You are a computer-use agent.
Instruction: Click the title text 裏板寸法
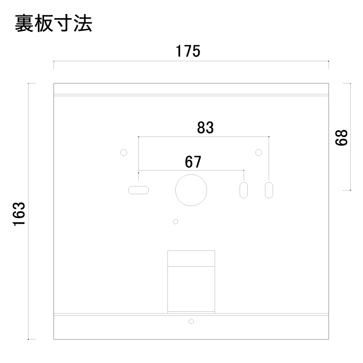point(54,24)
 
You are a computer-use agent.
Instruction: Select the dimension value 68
point(341,137)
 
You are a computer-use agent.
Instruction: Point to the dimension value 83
point(205,128)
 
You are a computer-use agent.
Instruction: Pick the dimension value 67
point(193,162)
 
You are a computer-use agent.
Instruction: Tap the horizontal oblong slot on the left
point(139,190)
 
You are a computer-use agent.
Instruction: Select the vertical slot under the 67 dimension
point(244,190)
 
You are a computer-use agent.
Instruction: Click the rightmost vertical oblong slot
point(269,190)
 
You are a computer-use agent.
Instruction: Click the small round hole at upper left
point(123,152)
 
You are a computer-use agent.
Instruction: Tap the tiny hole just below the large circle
point(176,221)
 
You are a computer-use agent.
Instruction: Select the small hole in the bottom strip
point(191,321)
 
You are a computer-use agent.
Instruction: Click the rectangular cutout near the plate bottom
point(191,281)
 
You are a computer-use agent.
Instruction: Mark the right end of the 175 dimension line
point(328,61)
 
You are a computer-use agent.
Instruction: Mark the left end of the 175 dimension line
point(54,61)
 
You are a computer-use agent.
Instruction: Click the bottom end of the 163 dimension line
point(29,339)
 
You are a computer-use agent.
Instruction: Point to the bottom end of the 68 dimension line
point(350,190)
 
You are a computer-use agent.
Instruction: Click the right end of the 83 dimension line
point(269,137)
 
